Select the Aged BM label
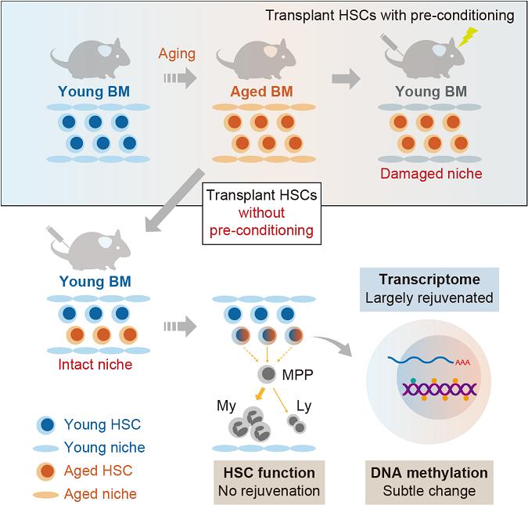pyautogui.click(x=261, y=92)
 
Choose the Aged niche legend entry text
pyautogui.click(x=100, y=493)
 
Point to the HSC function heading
pyautogui.click(x=269, y=473)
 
